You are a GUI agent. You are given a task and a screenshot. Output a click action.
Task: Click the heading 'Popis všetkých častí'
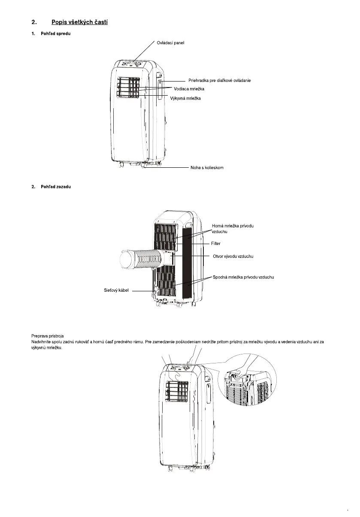tap(79, 22)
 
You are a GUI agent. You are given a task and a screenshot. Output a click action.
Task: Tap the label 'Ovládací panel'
tap(170, 43)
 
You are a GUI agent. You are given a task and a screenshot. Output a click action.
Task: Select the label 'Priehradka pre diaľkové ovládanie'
tap(219, 81)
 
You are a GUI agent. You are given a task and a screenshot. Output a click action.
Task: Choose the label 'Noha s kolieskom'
tap(207, 168)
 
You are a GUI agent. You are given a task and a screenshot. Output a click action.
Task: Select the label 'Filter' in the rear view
tap(216, 243)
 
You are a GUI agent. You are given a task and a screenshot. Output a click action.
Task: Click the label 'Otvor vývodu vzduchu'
tap(233, 256)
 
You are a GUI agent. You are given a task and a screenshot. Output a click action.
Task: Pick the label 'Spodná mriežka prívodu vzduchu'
tap(243, 277)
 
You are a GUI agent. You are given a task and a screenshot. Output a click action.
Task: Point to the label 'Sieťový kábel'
tap(116, 290)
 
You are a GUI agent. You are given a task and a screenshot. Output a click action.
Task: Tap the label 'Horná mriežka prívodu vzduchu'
tap(233, 228)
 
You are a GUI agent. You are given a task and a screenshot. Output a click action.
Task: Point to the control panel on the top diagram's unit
tap(132, 64)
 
